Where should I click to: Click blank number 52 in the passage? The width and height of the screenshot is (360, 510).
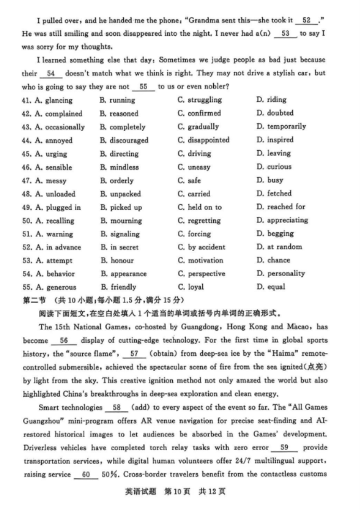coord(306,20)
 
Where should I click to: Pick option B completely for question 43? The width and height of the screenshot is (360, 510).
coord(122,127)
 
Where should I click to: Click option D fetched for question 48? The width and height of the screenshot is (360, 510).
coord(274,194)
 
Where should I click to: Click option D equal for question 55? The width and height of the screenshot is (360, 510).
coord(271,287)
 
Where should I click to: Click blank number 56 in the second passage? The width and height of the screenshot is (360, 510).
coord(64,341)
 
